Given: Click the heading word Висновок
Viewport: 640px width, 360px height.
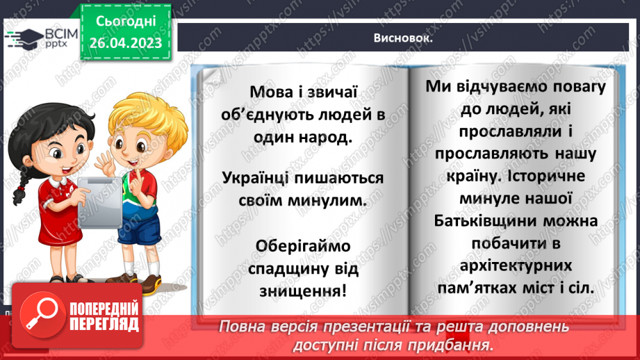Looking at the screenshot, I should pos(402,38).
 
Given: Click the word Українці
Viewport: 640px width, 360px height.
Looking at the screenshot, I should pos(259,178).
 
